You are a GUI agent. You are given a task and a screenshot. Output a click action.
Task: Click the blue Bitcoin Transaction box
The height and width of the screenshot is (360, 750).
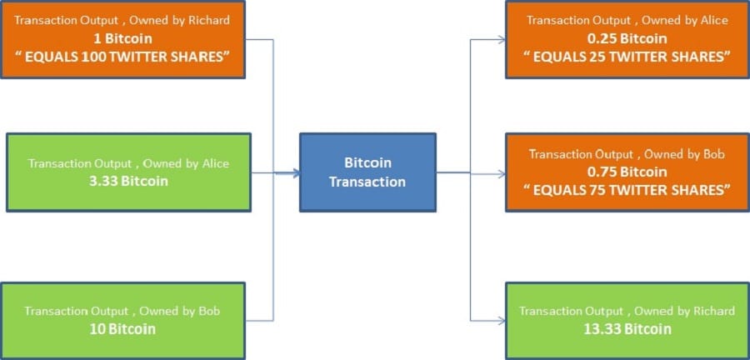pos(367,172)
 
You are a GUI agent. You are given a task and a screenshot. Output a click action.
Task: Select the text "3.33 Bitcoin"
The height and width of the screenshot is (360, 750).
pos(128,180)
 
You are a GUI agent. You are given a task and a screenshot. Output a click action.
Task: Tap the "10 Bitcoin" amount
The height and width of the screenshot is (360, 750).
pos(122,328)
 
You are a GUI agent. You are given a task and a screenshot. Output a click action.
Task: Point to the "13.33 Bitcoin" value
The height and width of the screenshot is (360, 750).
pos(627,328)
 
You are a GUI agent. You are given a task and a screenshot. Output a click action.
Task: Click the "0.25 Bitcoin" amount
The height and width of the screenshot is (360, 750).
pos(627,38)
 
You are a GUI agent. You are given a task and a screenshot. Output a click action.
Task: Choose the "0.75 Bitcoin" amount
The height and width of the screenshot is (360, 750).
pos(627,172)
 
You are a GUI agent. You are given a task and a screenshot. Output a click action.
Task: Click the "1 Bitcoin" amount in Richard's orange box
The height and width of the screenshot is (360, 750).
pos(126,38)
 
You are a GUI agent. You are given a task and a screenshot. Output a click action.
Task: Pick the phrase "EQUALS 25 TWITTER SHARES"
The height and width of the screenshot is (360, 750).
pos(627,56)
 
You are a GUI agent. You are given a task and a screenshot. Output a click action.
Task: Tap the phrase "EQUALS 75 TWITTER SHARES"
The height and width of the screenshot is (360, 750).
pos(627,189)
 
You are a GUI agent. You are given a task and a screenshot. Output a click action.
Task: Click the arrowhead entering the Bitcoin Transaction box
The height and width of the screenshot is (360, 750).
pos(295,173)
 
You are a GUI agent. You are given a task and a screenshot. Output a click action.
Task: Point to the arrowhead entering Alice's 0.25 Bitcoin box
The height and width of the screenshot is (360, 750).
pos(501,39)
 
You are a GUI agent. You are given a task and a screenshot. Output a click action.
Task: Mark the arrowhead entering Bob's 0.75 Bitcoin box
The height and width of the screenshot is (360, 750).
pos(501,174)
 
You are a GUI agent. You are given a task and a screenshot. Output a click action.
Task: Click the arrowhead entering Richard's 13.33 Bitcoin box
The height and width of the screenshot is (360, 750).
pos(501,319)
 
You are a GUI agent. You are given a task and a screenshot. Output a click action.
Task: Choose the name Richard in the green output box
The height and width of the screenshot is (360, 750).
pos(712,311)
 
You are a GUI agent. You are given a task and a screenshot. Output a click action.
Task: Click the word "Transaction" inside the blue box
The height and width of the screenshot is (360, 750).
pos(367,182)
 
